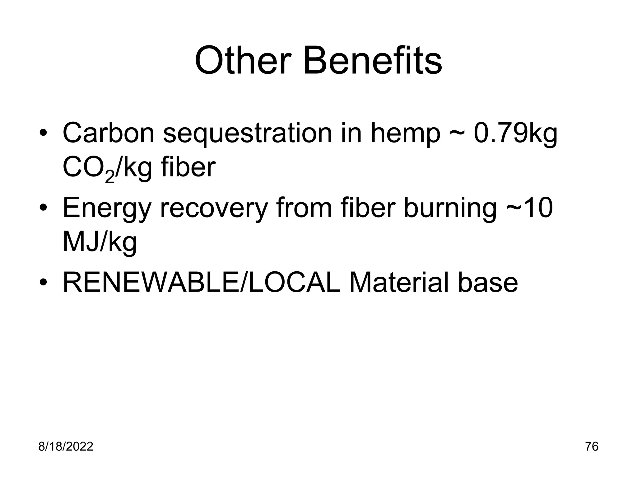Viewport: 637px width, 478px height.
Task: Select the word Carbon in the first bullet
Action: point(108,133)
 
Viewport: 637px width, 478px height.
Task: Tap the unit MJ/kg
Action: point(100,243)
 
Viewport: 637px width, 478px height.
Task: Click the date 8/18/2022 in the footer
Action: point(66,447)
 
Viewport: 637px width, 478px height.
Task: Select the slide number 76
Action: point(592,447)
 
